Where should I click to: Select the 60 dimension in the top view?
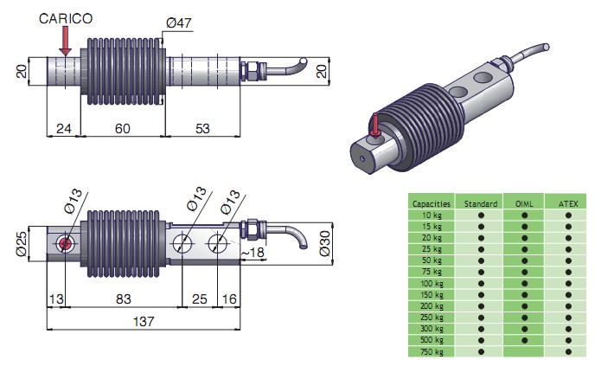(122, 128)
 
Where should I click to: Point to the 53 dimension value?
(202, 128)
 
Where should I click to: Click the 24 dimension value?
(62, 128)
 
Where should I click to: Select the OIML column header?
(523, 203)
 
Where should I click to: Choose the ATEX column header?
(567, 203)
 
